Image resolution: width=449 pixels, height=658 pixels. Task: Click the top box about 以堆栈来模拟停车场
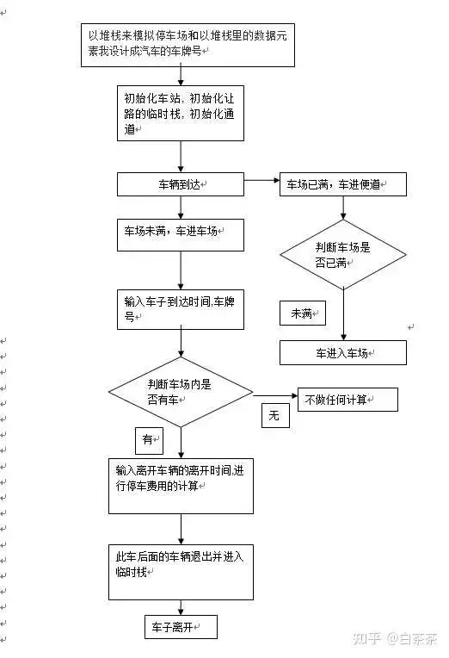tap(188, 45)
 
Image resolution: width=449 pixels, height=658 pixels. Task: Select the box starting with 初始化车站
tap(181, 114)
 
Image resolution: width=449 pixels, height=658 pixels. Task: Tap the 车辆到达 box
tap(181, 184)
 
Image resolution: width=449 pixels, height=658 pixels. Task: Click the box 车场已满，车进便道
tap(343, 184)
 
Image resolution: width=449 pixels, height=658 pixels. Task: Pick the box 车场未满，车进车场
tap(181, 235)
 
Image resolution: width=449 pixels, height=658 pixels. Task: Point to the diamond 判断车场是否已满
tap(343, 255)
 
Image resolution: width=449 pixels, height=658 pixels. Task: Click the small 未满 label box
tap(302, 313)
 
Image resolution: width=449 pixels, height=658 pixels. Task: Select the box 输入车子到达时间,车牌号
tap(181, 309)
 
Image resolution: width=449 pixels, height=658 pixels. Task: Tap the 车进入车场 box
tap(343, 352)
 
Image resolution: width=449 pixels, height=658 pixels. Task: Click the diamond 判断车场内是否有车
tap(181, 392)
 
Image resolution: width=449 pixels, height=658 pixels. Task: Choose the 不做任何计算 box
tap(348, 399)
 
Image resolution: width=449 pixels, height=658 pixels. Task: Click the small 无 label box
tap(275, 415)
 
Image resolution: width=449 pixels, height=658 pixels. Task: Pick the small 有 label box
tap(149, 441)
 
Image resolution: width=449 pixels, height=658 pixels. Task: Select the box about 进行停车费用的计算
tap(181, 486)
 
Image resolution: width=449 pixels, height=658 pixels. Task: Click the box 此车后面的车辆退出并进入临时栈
tap(181, 572)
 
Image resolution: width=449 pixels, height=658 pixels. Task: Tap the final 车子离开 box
tap(181, 627)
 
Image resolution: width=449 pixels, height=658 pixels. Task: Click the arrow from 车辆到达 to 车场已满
tap(261, 181)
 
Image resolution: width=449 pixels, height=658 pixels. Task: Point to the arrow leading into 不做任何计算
tap(275, 395)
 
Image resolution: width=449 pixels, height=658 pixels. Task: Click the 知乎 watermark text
tap(366, 639)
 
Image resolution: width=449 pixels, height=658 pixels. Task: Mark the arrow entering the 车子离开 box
tap(181, 608)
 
